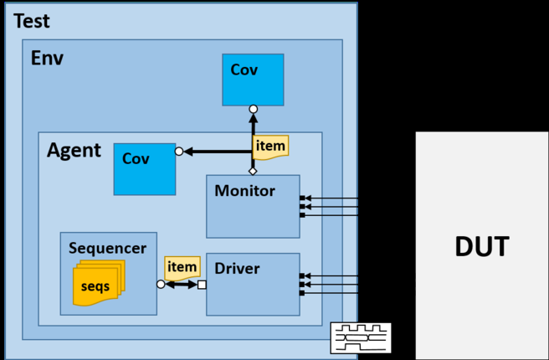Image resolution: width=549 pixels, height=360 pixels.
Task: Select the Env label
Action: pos(47,59)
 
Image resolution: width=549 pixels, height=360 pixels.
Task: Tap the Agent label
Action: pos(74,152)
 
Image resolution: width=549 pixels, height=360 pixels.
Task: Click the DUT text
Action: pos(481,247)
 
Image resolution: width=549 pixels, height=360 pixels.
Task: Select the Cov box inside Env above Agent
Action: pos(253,80)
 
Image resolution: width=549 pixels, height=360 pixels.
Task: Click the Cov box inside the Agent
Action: pos(145,167)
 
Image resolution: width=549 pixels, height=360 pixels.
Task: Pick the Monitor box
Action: pos(253,206)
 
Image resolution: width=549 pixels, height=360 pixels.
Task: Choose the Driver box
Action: pos(253,284)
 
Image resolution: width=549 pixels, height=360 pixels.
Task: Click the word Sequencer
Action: pos(108,248)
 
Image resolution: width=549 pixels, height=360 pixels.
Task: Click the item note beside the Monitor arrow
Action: pos(270,146)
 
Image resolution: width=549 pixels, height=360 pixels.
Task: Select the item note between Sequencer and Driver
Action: pos(182,266)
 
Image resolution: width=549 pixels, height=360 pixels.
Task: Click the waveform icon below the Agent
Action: pos(361,337)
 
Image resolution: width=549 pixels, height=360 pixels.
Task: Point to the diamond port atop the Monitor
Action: pos(253,172)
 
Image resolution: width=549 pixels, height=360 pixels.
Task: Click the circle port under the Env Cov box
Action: pos(253,109)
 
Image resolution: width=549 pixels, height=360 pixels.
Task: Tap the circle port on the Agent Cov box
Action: pos(178,152)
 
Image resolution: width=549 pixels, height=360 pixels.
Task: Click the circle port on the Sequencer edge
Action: pos(160,285)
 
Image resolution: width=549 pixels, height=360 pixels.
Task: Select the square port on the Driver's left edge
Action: pos(202,285)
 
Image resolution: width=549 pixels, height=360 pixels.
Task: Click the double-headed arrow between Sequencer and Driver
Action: pos(181,285)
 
